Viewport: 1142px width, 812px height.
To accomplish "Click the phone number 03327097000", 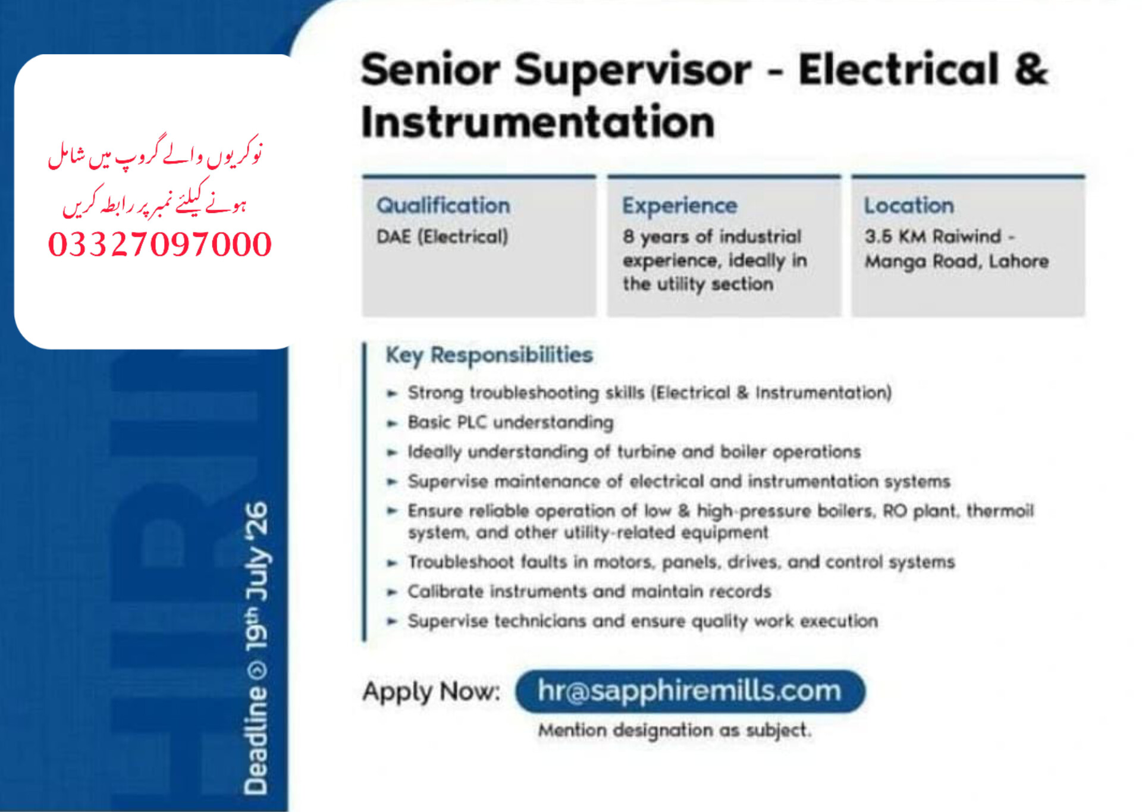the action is coord(160,244).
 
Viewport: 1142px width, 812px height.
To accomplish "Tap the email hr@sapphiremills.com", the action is coord(689,691).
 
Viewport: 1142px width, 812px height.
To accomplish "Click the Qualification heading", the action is coord(443,206).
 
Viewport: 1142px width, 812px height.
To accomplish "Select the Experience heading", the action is coord(680,206).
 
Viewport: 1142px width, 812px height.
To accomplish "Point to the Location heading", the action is coord(909,205).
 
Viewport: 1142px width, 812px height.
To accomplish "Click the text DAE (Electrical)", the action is coord(442,237).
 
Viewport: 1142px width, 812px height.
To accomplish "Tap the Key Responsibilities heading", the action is coord(489,355).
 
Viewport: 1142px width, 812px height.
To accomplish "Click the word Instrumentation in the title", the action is coord(538,122).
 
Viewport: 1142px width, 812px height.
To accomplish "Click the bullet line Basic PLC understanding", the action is coord(510,422).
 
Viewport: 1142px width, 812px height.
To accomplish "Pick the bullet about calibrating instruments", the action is coord(589,591).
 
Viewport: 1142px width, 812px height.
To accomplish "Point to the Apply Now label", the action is coord(431,692).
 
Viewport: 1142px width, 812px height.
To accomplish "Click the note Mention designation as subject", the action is coord(674,730).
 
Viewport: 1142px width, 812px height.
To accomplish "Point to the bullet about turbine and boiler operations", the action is coord(634,452).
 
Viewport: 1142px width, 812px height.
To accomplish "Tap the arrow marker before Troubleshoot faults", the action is coord(392,563).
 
